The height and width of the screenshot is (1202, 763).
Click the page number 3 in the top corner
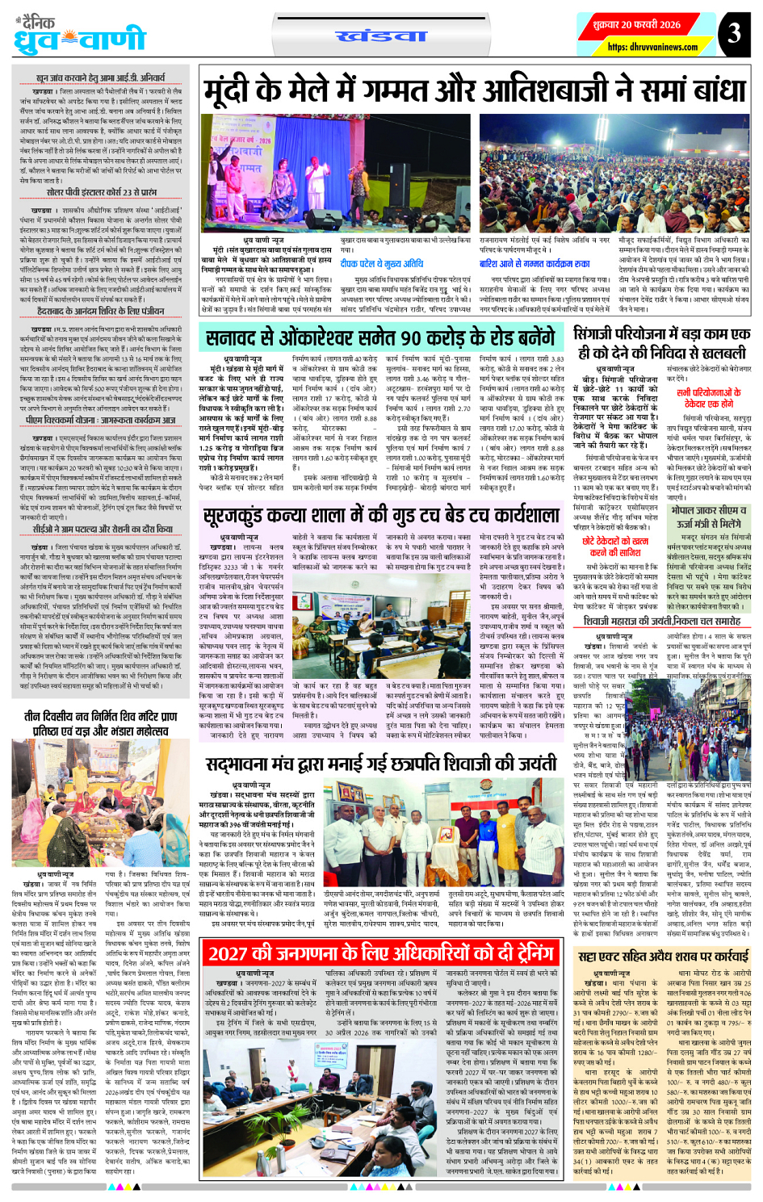click(733, 33)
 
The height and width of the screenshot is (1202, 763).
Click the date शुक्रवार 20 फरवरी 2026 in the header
click(637, 25)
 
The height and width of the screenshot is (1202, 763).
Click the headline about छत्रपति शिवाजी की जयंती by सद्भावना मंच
click(380, 764)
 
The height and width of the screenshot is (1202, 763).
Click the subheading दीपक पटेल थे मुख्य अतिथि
click(381, 263)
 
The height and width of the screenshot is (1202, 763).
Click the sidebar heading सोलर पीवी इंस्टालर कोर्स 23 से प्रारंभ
click(102, 193)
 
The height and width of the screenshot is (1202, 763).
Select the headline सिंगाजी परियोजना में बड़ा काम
click(661, 343)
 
